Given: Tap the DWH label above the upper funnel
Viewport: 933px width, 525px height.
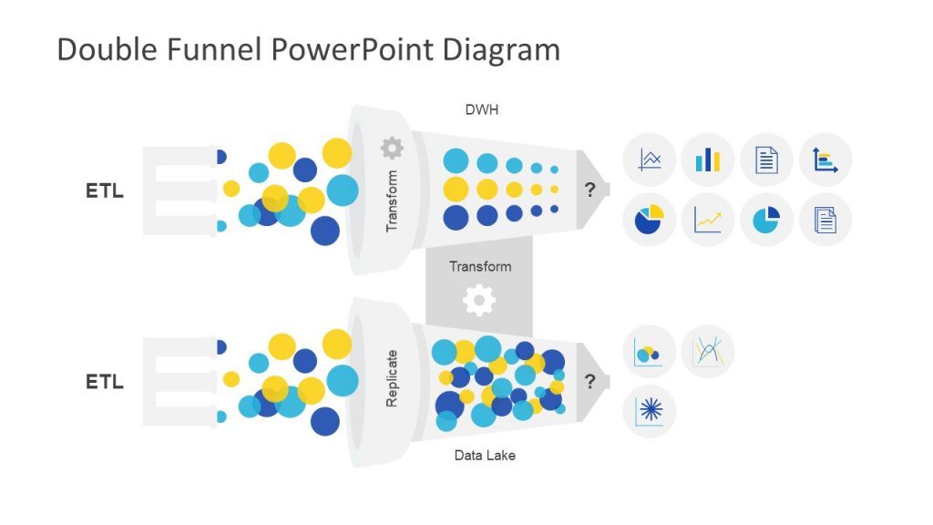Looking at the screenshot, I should point(482,110).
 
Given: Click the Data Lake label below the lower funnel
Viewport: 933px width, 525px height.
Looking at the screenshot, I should point(485,455).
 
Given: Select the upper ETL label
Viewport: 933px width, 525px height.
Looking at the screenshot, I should point(105,191).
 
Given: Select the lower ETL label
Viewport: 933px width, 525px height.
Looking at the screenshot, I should point(105,382).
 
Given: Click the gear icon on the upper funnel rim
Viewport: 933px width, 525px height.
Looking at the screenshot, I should point(392,148).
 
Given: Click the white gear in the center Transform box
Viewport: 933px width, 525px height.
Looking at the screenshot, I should point(479,300).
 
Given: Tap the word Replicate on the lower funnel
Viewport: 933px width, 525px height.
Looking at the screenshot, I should point(392,378).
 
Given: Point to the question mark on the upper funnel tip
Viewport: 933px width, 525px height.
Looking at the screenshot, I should point(590,190).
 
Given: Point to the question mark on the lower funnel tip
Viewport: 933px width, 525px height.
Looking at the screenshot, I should point(590,381).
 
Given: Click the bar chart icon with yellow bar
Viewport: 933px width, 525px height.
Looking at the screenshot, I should point(708,160).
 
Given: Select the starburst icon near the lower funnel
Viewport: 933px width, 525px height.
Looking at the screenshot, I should point(650,411).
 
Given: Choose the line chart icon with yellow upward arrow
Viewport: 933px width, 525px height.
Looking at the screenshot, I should point(708,220).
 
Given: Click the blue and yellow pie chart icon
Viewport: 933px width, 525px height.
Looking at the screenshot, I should point(650,220).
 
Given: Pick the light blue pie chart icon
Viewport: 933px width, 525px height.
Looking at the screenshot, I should point(766,220).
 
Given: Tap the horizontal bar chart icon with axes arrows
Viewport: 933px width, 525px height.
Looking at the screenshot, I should point(825,160).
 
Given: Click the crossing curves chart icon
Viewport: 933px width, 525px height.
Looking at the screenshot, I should point(708,352).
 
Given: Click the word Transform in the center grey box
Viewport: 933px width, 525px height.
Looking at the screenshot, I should point(480,266).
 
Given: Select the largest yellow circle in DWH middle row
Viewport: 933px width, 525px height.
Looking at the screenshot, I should point(456,190).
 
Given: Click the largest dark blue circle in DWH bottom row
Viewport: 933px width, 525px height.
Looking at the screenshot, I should point(456,216).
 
